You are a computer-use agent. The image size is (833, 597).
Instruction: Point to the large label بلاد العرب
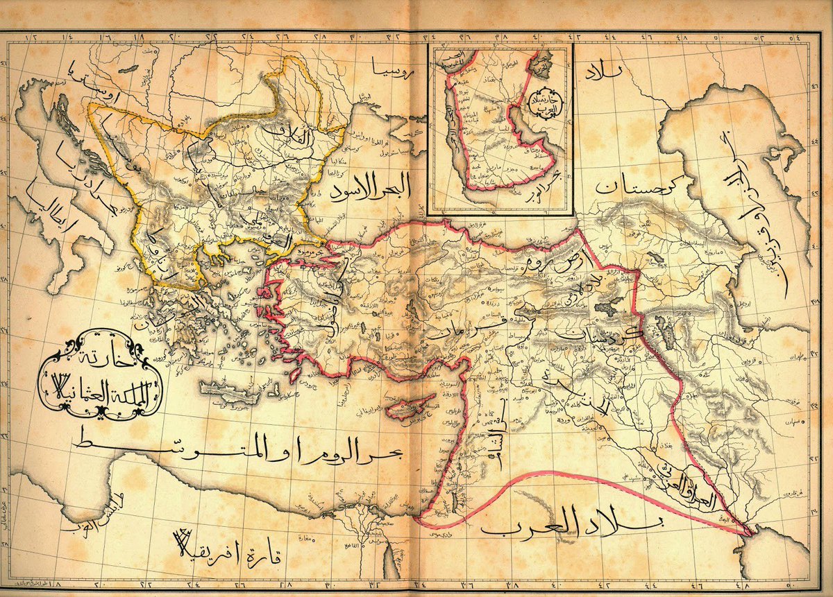[574, 525]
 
